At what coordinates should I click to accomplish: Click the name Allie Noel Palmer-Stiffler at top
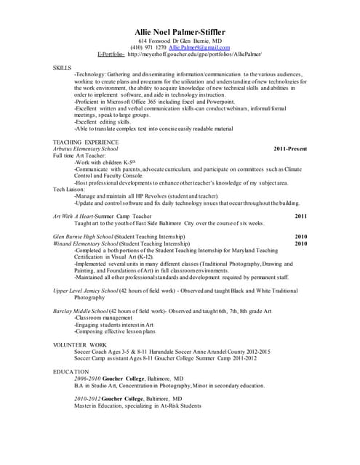(x=180, y=32)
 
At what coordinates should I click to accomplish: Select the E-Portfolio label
(x=111, y=54)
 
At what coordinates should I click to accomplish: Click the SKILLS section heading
(x=62, y=68)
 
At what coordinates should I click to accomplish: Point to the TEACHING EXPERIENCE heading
(x=84, y=142)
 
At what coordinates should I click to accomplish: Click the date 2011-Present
(x=290, y=149)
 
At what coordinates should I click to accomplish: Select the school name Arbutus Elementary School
(x=86, y=149)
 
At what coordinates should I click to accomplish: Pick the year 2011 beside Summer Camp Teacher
(x=301, y=217)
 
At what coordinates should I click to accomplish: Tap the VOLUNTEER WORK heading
(x=80, y=344)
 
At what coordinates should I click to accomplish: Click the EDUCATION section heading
(x=71, y=371)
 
